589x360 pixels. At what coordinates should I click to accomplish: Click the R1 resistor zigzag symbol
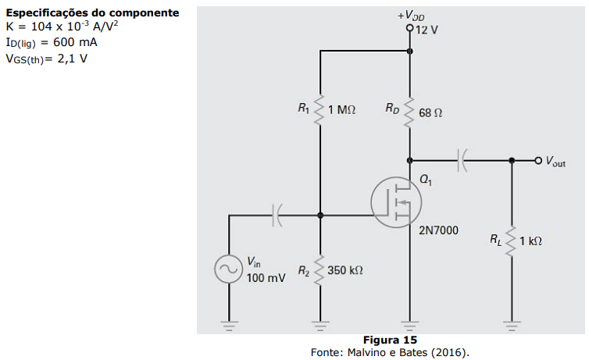point(319,109)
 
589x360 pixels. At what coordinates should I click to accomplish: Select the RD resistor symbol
point(410,112)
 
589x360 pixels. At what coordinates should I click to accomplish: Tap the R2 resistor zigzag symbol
point(319,271)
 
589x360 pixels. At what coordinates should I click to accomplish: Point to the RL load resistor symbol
point(511,241)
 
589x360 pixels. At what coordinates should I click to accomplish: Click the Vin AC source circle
point(228,269)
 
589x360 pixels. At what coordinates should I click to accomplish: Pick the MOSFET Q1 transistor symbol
point(396,202)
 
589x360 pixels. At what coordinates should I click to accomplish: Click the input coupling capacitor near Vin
point(277,216)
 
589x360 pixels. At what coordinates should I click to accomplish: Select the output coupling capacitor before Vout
point(462,160)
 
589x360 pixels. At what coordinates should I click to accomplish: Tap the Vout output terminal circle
point(538,161)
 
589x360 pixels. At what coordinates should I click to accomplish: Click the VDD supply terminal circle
point(410,28)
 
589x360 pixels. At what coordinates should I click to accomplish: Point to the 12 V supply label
point(427,30)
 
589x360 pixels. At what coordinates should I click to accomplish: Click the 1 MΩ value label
point(341,109)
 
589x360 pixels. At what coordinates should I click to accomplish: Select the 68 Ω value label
point(430,112)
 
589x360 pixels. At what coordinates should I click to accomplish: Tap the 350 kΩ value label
point(344,270)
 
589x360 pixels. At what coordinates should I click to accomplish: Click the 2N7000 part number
point(438,230)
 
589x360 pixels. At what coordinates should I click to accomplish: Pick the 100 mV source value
point(266,278)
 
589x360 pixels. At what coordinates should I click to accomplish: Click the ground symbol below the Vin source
point(229,326)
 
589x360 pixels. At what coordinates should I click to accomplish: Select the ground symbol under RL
point(512,326)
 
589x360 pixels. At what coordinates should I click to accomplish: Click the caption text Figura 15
point(390,340)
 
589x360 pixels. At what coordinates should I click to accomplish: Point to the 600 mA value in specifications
point(75,42)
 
